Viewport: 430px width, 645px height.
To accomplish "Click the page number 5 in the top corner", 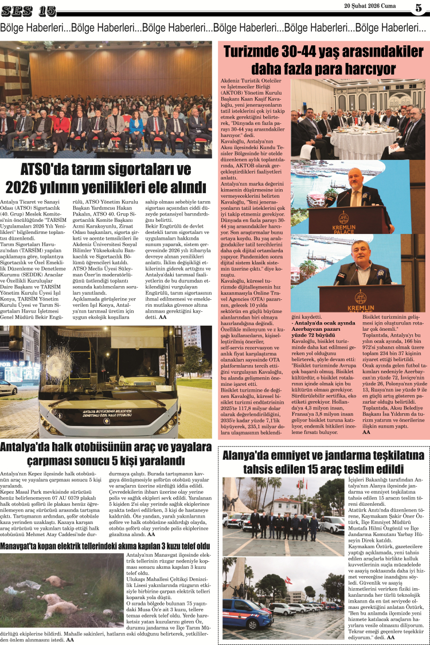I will pos(418,8).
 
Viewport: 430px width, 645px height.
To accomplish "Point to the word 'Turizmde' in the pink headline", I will pos(257,52).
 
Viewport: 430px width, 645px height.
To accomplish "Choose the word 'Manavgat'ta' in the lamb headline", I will pos(25,545).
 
